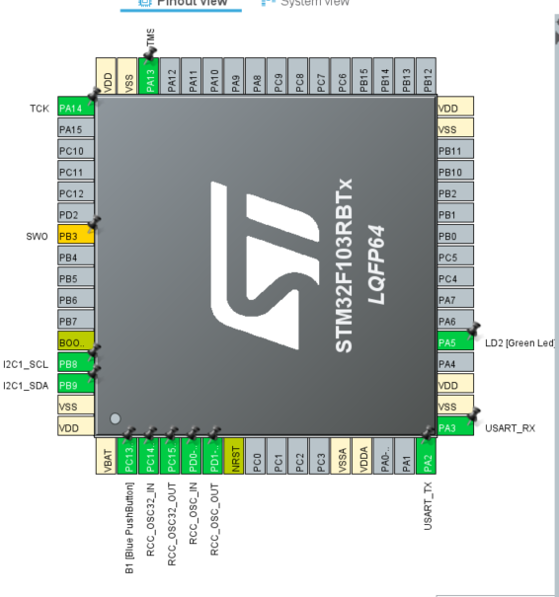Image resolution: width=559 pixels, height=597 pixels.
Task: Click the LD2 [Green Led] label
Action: (519, 342)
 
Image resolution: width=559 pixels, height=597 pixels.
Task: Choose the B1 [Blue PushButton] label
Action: (129, 534)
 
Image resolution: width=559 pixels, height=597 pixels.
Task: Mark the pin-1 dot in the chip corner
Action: (116, 419)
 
